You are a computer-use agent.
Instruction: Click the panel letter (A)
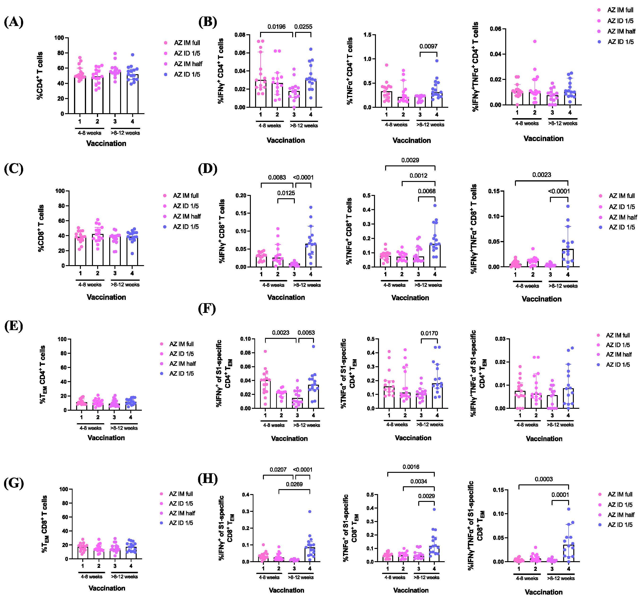click(13, 22)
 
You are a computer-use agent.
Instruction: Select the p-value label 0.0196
click(277, 27)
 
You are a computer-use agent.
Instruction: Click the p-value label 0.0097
click(428, 46)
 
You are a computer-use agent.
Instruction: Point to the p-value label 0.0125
click(286, 193)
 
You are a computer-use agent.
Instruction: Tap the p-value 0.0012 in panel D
click(418, 176)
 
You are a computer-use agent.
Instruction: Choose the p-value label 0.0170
click(429, 333)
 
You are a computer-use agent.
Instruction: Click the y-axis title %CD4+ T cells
click(40, 76)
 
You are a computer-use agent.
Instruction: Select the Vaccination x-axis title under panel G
click(107, 588)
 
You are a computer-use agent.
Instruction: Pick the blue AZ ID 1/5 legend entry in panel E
click(181, 374)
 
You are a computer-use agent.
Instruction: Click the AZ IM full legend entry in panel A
click(187, 43)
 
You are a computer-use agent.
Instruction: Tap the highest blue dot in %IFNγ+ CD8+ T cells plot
click(311, 207)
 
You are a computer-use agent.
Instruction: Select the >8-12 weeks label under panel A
click(125, 133)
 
